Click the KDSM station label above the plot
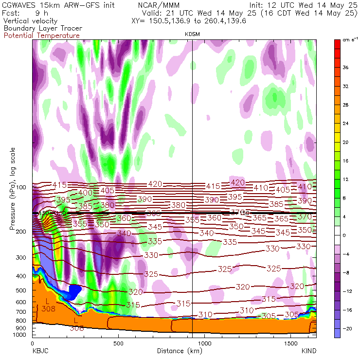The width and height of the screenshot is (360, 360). coord(193,34)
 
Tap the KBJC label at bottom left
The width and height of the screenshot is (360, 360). coord(39,351)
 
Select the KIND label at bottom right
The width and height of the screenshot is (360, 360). coord(309,351)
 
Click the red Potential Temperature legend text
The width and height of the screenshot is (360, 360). coord(41,36)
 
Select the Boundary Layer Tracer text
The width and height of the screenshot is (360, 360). coord(43,28)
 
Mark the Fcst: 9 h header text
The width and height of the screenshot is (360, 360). coord(24,14)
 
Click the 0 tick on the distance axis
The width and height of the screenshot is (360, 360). coord(32,343)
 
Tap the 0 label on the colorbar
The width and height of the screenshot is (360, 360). coord(344,235)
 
